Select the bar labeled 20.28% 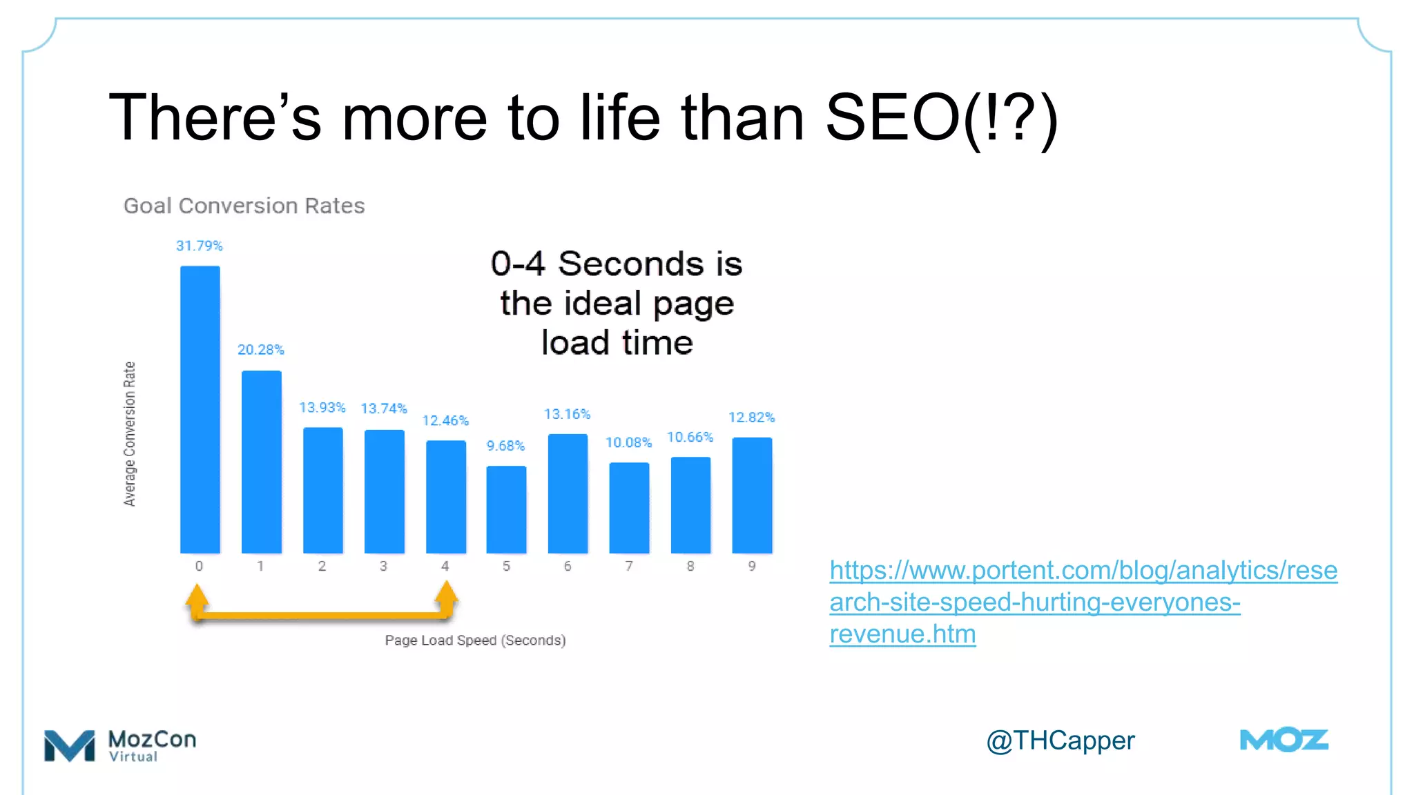click(261, 462)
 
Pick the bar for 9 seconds click(752, 495)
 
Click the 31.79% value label click(199, 246)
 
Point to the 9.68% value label click(505, 446)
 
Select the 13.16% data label click(567, 414)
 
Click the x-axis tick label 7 click(629, 566)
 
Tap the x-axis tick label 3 click(383, 566)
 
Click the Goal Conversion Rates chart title click(244, 206)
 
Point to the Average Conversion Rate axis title click(129, 433)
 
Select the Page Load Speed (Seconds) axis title click(475, 640)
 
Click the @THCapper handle click(1060, 740)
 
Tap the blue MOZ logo click(1284, 740)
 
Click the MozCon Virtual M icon click(69, 745)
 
